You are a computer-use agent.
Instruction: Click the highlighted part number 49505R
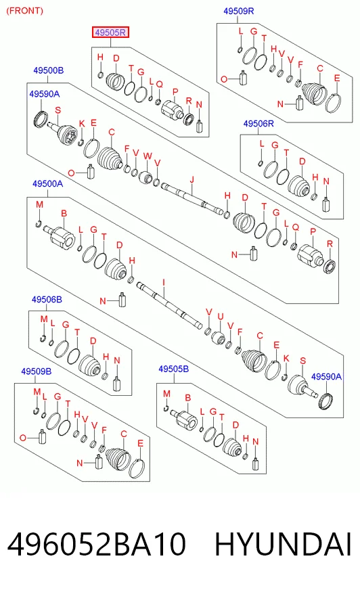(110, 32)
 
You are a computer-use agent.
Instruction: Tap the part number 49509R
(238, 12)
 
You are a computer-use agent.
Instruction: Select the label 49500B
(49, 70)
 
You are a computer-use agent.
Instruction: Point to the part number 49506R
(258, 123)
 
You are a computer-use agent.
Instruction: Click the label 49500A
(48, 183)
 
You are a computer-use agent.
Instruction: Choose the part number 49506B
(47, 300)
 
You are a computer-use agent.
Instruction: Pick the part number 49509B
(36, 371)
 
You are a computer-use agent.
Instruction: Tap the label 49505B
(173, 369)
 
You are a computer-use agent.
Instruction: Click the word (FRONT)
(25, 11)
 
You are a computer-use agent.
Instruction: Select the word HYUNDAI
(283, 544)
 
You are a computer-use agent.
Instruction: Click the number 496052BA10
(96, 544)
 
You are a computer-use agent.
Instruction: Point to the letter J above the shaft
(192, 180)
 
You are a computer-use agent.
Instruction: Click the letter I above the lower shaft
(164, 283)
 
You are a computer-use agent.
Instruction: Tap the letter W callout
(148, 156)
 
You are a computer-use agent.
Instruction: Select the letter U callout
(221, 317)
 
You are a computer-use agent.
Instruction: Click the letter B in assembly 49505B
(187, 397)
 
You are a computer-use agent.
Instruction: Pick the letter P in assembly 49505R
(175, 91)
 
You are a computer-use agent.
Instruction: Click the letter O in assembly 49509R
(224, 79)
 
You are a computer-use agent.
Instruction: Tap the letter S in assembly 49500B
(58, 110)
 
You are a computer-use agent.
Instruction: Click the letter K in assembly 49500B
(82, 124)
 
